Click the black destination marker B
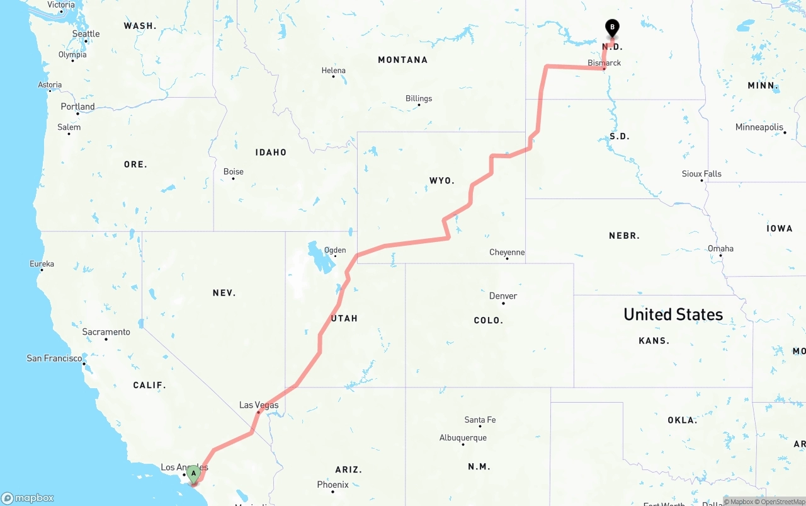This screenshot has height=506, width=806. (x=611, y=28)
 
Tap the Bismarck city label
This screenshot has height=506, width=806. (x=604, y=63)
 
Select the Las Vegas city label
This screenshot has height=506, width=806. (x=258, y=405)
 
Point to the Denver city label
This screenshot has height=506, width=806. (x=503, y=296)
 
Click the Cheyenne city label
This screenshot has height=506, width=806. (x=507, y=253)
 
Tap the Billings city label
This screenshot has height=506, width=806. (x=419, y=98)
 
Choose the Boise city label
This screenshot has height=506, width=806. (x=233, y=171)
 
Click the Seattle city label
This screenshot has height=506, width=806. (x=86, y=34)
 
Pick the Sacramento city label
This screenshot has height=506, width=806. (x=106, y=332)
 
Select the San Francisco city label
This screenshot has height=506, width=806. (x=54, y=359)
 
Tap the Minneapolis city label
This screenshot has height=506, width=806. (x=759, y=127)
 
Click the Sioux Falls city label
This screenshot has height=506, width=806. (x=701, y=174)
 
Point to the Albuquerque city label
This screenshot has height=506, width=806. (x=463, y=438)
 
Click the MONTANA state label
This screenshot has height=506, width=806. (x=402, y=60)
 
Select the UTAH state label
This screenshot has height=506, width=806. (x=344, y=318)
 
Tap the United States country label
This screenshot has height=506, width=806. (x=673, y=314)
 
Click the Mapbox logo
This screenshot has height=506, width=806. (x=28, y=498)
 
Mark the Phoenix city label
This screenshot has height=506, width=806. (x=332, y=485)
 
